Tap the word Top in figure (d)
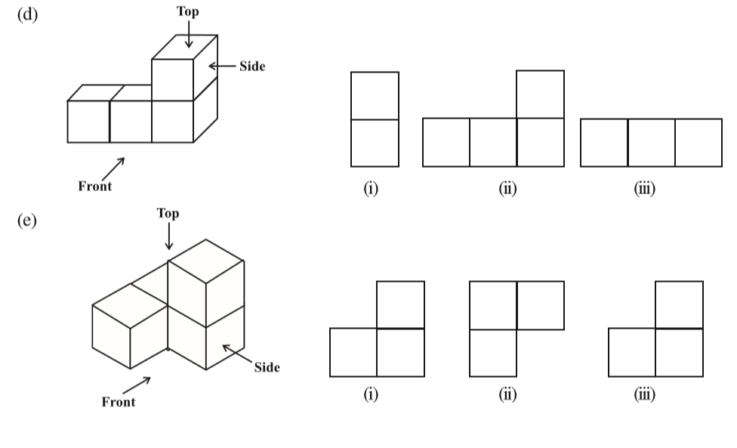tap(188, 11)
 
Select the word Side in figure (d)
tap(252, 66)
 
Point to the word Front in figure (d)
tap(95, 187)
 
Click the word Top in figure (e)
tap(168, 213)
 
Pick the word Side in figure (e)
tap(267, 368)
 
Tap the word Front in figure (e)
tap(119, 402)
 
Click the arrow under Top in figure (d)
tap(188, 34)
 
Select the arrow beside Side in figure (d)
tap(222, 66)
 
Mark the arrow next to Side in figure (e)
tap(236, 354)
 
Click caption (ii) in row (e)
tap(507, 396)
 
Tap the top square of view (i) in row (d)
tap(375, 96)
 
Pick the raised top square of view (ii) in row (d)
tap(540, 94)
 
